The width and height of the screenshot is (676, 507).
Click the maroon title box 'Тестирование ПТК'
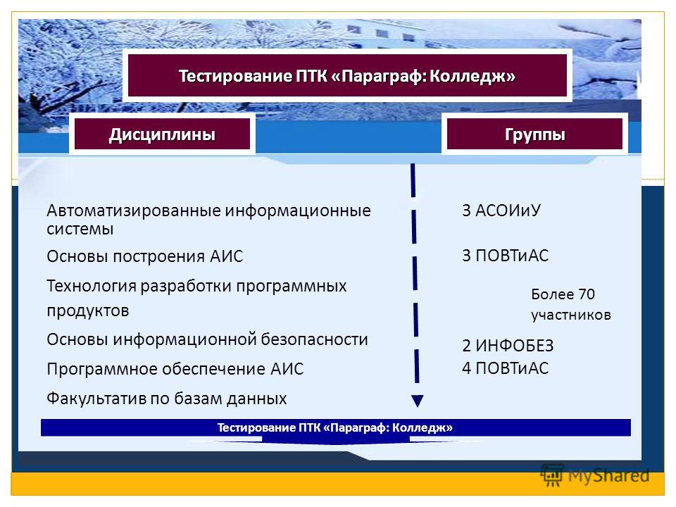pyautogui.click(x=347, y=75)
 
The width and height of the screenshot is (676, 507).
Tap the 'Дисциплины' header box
pyautogui.click(x=162, y=134)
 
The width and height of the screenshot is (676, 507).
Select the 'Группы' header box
pyautogui.click(x=534, y=134)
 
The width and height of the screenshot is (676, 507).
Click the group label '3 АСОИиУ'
pyautogui.click(x=501, y=211)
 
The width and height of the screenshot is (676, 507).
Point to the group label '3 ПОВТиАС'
pyautogui.click(x=506, y=256)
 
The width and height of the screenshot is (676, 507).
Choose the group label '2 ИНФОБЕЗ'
pyautogui.click(x=508, y=345)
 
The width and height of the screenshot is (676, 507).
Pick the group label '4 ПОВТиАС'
pyautogui.click(x=506, y=368)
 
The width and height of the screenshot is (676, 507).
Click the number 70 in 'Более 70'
pyautogui.click(x=587, y=294)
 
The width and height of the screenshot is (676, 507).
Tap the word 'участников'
pyautogui.click(x=571, y=315)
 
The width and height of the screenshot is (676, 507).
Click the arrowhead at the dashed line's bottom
pyautogui.click(x=418, y=401)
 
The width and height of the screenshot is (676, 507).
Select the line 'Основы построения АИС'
pyautogui.click(x=145, y=256)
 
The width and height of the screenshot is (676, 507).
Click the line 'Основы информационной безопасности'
pyautogui.click(x=207, y=339)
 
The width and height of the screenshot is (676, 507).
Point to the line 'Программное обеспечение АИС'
pyautogui.click(x=175, y=369)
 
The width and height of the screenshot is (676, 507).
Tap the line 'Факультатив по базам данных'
pyautogui.click(x=166, y=399)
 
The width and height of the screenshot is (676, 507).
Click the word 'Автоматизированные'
pyautogui.click(x=133, y=211)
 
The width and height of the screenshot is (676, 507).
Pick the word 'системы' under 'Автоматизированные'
pyautogui.click(x=80, y=229)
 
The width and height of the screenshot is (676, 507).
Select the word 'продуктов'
pyautogui.click(x=88, y=311)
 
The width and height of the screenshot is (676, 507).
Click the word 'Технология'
pyautogui.click(x=92, y=286)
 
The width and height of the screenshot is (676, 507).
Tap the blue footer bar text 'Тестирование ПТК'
pyautogui.click(x=335, y=427)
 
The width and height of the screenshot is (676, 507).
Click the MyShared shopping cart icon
pyautogui.click(x=552, y=475)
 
